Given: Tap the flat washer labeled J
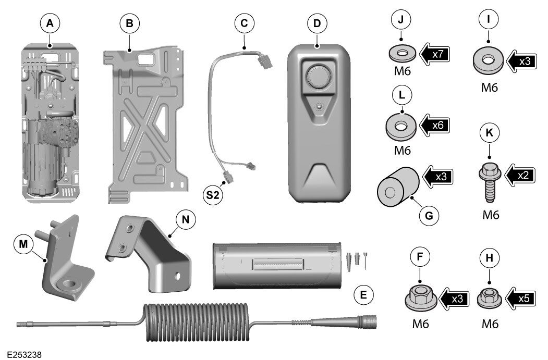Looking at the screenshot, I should click(402, 54).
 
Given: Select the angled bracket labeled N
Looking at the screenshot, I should click(151, 255).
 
